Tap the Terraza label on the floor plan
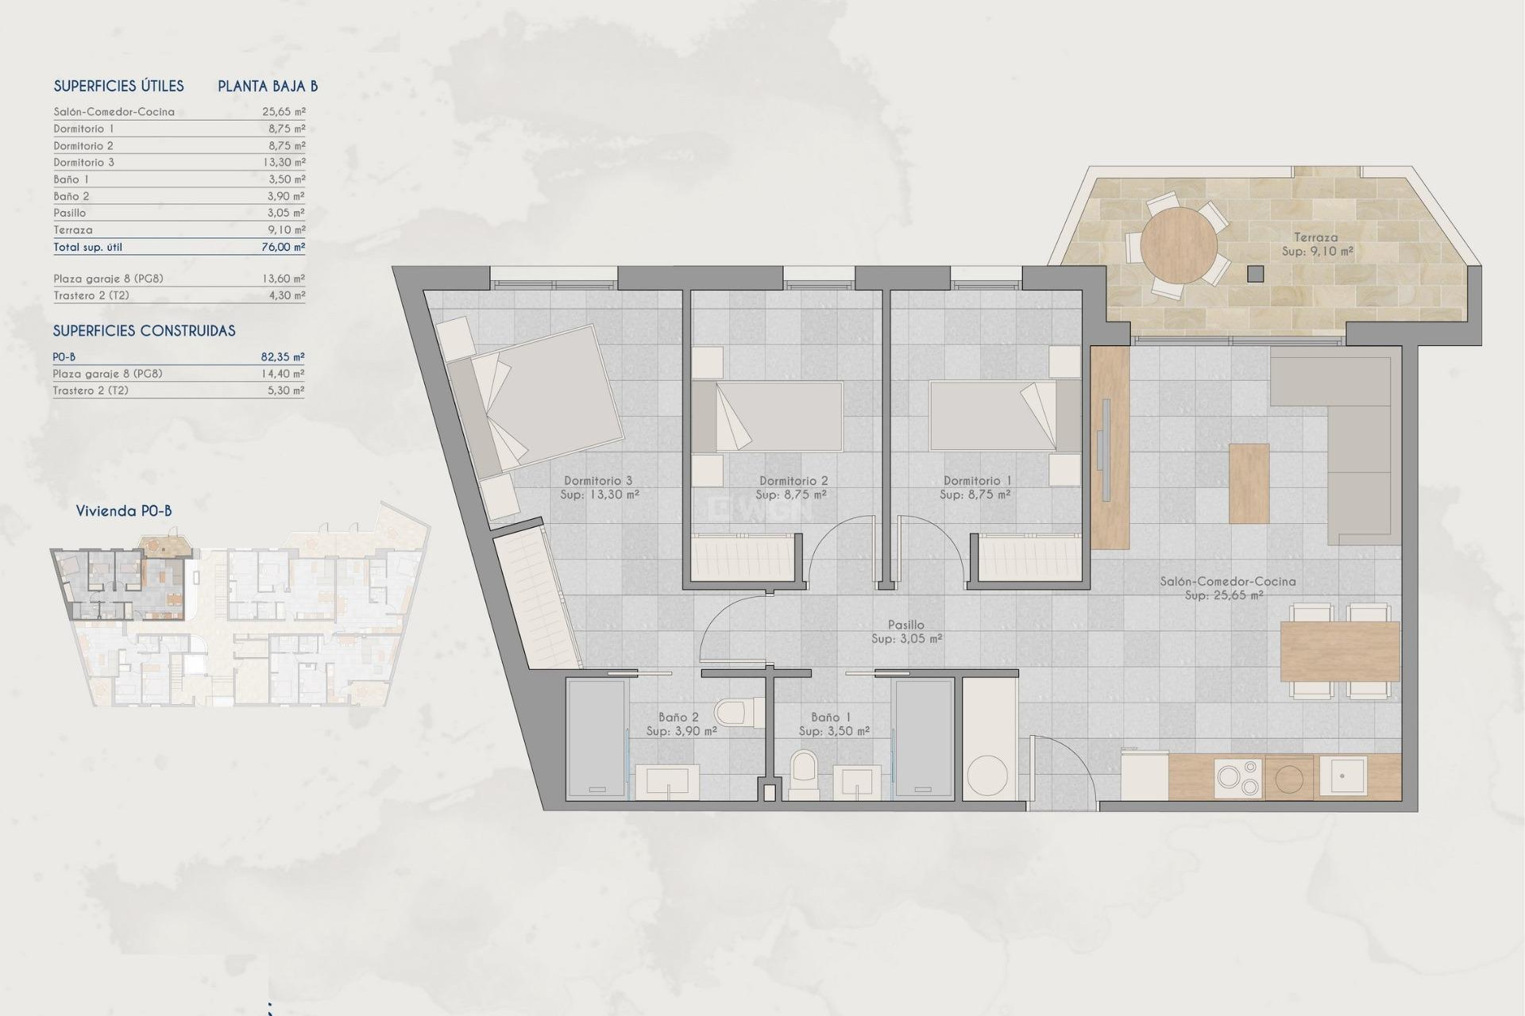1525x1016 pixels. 1315,237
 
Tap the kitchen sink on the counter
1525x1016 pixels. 1342,776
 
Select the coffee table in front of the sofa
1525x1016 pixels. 1249,483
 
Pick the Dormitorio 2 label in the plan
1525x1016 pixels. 793,481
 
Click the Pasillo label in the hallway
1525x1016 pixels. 905,625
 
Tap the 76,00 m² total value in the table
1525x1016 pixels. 284,247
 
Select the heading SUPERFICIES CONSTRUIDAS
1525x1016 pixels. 144,331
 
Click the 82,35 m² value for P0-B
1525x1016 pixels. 283,357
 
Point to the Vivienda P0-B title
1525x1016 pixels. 124,511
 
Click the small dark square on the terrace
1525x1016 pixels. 1255,274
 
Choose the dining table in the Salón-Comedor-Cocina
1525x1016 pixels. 1339,651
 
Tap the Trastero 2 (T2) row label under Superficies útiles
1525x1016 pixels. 91,295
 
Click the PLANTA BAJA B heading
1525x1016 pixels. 268,87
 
